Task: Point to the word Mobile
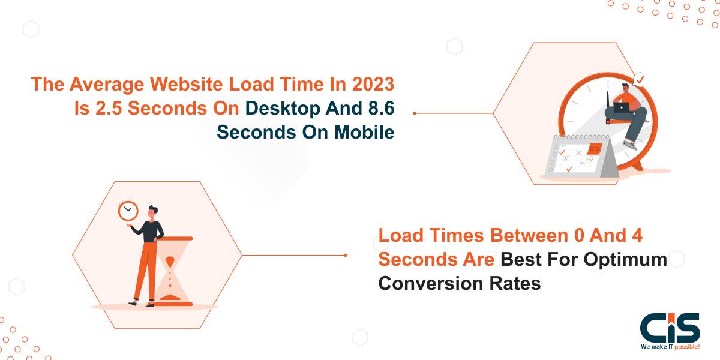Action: click(x=367, y=131)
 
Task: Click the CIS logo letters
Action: click(x=670, y=328)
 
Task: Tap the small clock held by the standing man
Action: click(x=128, y=210)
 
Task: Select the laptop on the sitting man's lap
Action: click(x=622, y=107)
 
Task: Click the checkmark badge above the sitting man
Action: click(x=640, y=79)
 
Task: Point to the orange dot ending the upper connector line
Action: click(x=415, y=112)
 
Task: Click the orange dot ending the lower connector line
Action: click(x=346, y=255)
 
